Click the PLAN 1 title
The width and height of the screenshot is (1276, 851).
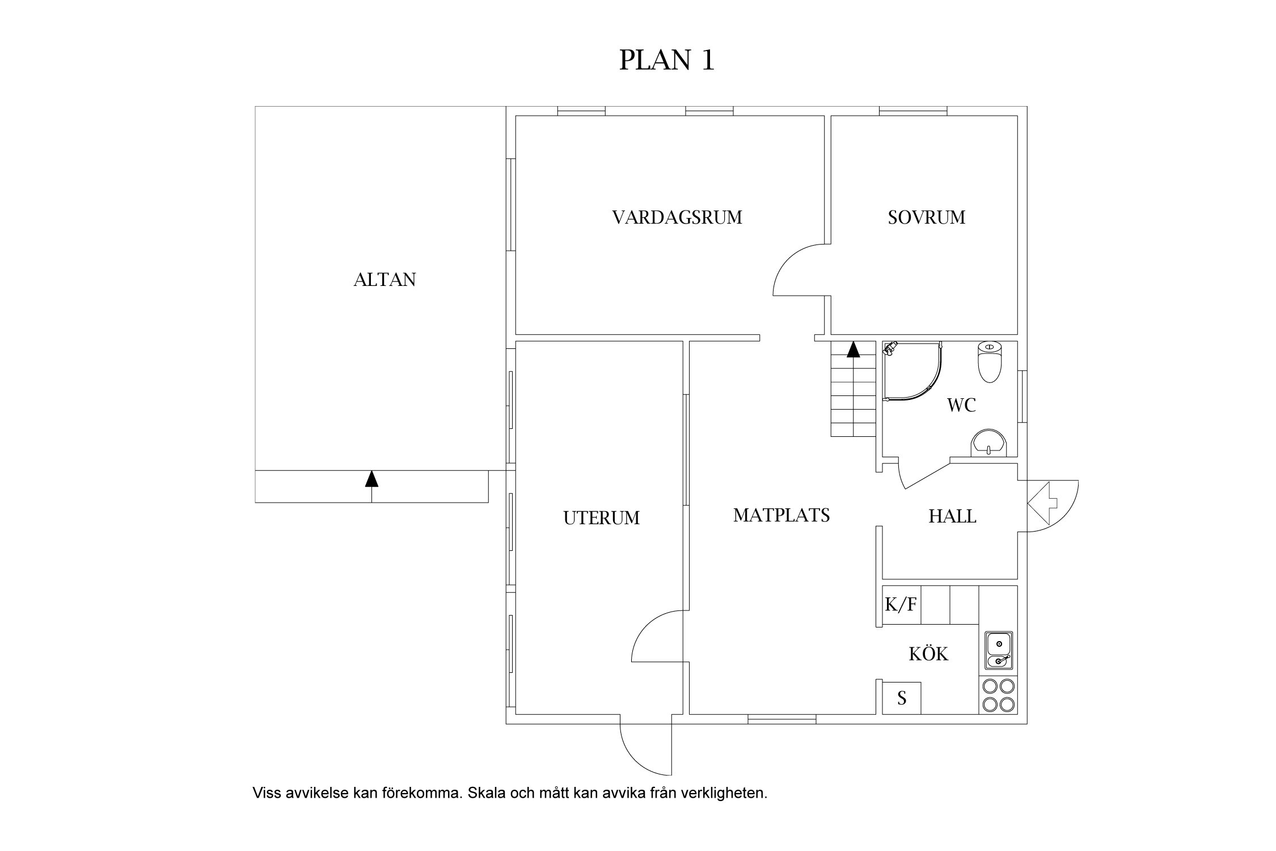(666, 61)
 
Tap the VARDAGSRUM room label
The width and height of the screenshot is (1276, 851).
(677, 218)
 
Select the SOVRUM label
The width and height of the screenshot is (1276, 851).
(926, 218)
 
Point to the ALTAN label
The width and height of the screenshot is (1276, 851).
(385, 280)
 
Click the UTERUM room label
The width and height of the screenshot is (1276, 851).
(601, 519)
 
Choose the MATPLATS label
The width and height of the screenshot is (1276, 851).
(781, 516)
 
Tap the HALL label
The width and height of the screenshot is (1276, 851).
(952, 517)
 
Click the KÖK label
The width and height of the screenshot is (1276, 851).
(928, 655)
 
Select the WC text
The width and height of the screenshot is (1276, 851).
(961, 406)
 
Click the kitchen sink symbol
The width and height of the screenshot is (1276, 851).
(999, 651)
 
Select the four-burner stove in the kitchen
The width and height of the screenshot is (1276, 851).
(998, 695)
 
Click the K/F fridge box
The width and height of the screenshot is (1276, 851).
(901, 605)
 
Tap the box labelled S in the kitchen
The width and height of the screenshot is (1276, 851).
(902, 698)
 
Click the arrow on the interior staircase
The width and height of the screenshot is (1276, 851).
(853, 349)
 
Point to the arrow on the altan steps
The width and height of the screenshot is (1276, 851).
(371, 479)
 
